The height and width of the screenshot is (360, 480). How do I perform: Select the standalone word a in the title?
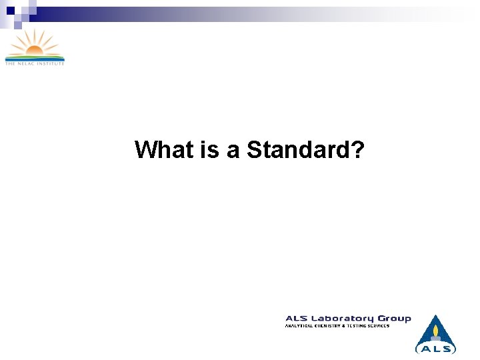(x=233, y=151)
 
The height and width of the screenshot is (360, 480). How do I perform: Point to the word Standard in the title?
(x=299, y=150)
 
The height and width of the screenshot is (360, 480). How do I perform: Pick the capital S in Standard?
(x=254, y=150)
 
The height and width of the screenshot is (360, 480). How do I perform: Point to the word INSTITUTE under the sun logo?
(x=51, y=63)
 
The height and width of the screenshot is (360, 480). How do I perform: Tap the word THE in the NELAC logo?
(x=10, y=63)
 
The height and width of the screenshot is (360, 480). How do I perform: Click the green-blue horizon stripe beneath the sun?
(x=34, y=57)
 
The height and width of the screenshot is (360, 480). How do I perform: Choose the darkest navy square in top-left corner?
(x=10, y=10)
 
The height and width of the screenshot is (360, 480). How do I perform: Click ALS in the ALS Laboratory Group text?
(x=297, y=319)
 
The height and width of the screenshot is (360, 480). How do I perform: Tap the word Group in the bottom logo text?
(x=395, y=319)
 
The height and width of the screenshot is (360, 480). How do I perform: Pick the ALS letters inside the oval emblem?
(x=435, y=348)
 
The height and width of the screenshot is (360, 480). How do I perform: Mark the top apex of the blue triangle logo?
(x=435, y=315)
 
